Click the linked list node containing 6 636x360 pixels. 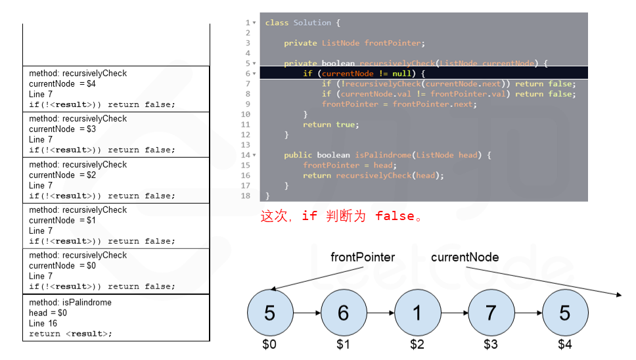343,313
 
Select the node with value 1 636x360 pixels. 417,313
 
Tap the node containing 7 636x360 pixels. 491,313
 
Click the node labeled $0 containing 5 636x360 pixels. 269,313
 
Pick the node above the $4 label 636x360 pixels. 564,313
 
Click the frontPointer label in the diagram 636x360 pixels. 363,258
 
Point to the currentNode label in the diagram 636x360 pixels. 465,258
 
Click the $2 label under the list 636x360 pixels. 417,344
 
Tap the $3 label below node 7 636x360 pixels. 491,344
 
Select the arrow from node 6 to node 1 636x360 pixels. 380,313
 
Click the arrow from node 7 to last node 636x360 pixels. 528,313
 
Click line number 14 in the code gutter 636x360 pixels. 246,155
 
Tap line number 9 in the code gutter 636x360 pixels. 248,104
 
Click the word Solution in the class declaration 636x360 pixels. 312,23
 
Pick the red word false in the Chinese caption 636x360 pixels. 394,216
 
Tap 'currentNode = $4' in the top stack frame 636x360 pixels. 62,83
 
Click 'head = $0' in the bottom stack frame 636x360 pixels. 48,313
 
